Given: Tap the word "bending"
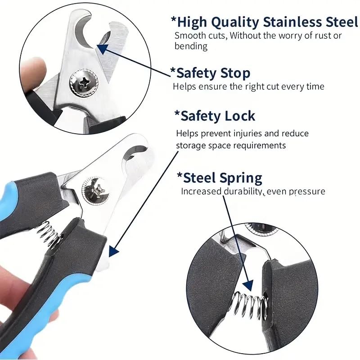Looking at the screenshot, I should [191, 46].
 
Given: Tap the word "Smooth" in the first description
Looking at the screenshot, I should [189, 36].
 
